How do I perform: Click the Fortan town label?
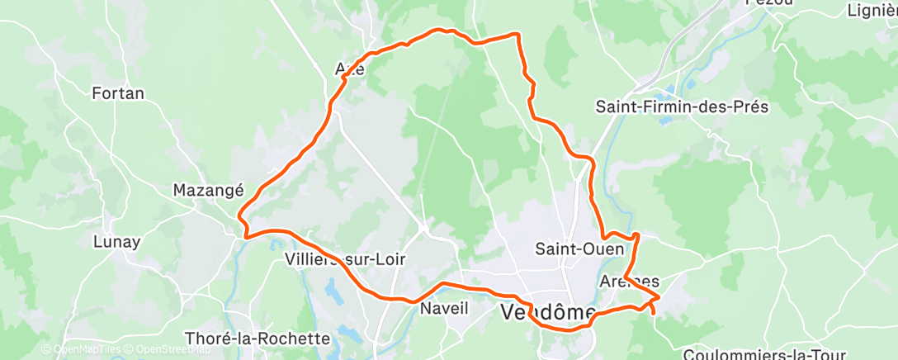118,93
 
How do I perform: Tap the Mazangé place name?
208,190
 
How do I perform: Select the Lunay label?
116,243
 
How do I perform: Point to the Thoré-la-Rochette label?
258,339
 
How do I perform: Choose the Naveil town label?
444,309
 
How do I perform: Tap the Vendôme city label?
548,312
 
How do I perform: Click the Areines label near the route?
631,281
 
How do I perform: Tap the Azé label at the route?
350,69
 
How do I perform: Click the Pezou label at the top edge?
769,3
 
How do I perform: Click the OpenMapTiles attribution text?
81,349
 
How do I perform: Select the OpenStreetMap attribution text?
165,349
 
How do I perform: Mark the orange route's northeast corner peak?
518,35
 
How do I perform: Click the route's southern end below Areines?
654,313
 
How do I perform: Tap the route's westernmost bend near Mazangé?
239,216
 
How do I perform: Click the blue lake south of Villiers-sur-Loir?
334,291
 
